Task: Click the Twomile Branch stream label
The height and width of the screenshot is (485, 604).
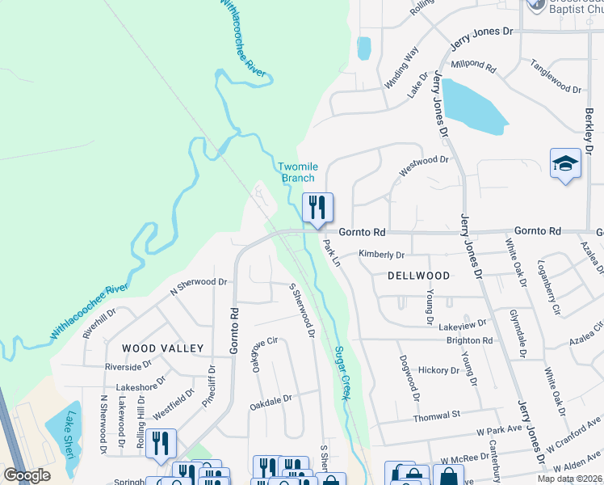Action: click(298, 172)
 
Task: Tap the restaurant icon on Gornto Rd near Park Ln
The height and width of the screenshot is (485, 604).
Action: click(317, 209)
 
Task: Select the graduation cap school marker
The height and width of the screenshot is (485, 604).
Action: click(565, 164)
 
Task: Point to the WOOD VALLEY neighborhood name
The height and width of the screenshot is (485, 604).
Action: click(162, 348)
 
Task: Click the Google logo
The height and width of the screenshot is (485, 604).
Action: click(27, 475)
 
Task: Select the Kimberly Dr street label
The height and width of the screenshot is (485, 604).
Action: click(381, 255)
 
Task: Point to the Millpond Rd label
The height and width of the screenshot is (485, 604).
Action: click(475, 64)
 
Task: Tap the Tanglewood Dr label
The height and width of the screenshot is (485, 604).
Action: click(556, 78)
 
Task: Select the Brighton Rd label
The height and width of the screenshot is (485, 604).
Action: click(469, 340)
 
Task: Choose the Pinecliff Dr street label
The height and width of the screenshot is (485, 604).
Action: click(211, 384)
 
